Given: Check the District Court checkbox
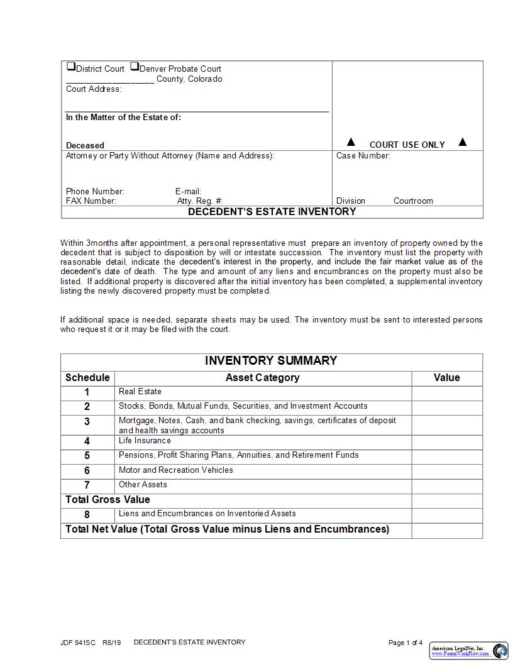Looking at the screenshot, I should pos(71,67).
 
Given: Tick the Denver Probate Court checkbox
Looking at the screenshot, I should pos(135,67).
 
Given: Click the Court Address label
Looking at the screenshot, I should pos(94,89).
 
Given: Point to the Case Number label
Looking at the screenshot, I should pos(363,156).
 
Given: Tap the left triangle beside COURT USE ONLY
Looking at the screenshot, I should pos(351,142).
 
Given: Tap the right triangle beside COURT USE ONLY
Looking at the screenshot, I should pos(463,142).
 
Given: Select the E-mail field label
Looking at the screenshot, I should pos(188,191).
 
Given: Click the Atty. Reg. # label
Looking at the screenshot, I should pos(199,201).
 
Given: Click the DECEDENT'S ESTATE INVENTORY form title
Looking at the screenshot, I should pos(272,212).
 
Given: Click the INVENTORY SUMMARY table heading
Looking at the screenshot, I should pos(271,361).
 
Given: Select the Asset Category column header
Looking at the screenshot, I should pos(262,378).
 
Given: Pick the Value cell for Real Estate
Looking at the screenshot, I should pos(446,393).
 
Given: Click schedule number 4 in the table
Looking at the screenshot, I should pos(87,441).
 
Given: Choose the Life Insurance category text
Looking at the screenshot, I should pos(145,441).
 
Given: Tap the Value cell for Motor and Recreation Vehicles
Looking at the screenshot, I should pos(446,470).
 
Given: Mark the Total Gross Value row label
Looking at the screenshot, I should pos(108,500).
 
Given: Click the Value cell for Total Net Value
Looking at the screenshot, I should pos(446,530).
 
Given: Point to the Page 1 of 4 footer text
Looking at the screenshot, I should pos(405,643).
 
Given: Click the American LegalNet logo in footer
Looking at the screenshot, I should pos(469,650).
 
